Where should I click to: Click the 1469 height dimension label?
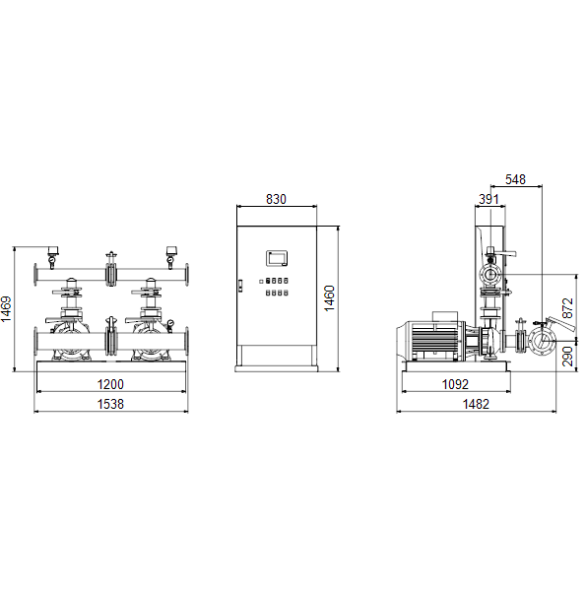coord(6,309)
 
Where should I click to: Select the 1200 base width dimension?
coord(110,384)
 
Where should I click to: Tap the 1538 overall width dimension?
coord(110,404)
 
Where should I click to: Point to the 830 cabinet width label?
coord(277,199)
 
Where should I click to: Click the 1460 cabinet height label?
coord(330,298)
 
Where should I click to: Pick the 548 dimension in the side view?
coord(515,179)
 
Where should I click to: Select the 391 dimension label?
coord(488,199)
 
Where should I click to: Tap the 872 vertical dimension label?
coord(567,308)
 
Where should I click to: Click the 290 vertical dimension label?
coord(567,357)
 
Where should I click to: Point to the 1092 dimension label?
coord(455,384)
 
